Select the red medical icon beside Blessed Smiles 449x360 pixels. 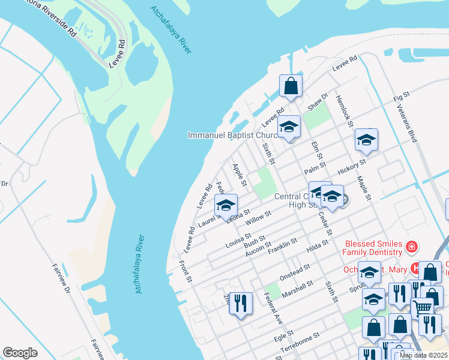411,247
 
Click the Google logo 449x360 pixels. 20,353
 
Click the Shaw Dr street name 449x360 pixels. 318,101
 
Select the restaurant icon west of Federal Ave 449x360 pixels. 241,302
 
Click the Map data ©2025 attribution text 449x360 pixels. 423,355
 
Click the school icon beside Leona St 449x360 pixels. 226,205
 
